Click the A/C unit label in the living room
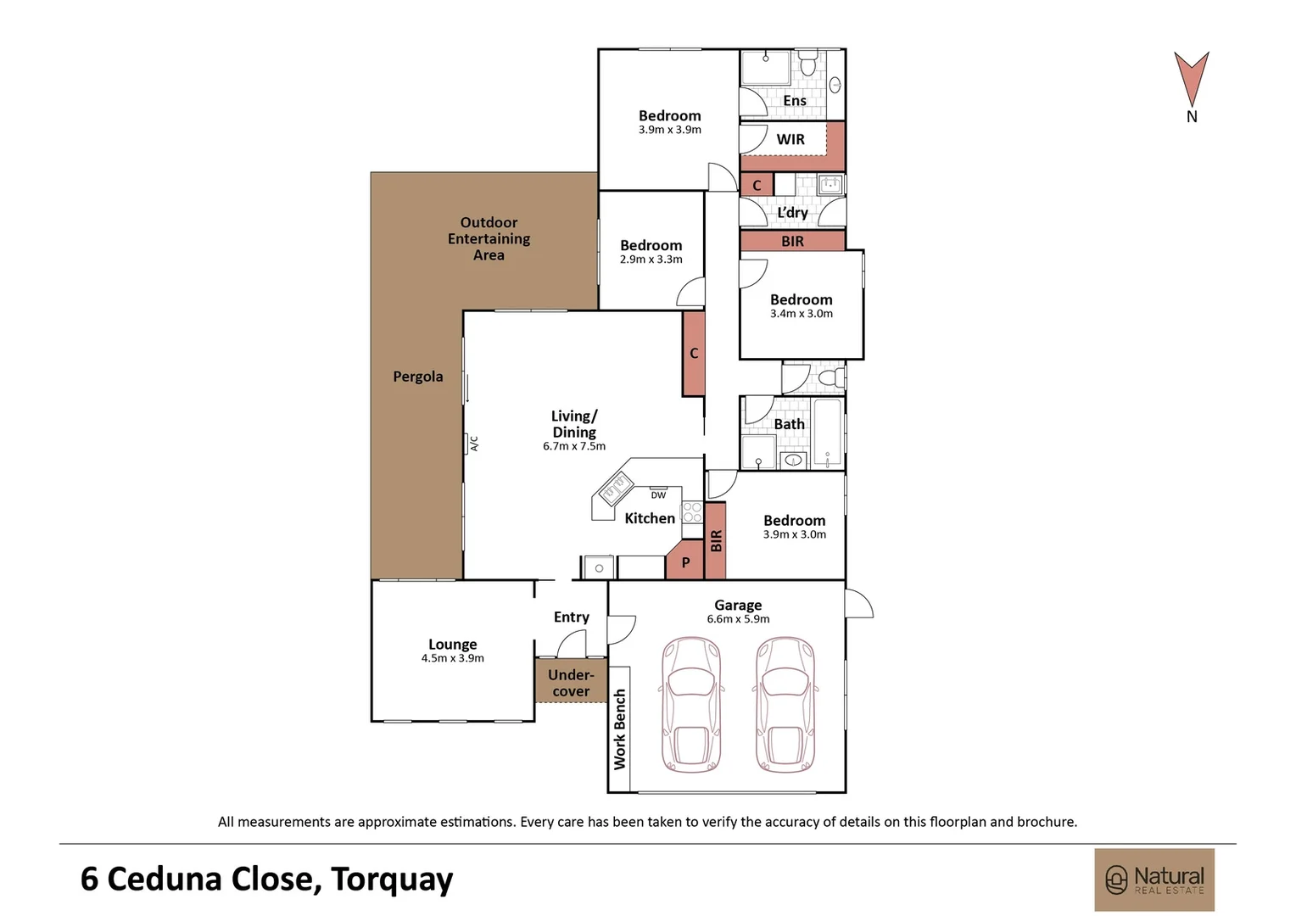pos(474,444)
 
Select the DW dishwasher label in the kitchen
pos(658,495)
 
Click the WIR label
pos(790,139)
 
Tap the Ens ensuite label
pos(795,101)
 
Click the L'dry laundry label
pos(792,213)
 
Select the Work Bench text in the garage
pos(620,729)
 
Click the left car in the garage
pos(690,704)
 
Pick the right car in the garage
pos(785,704)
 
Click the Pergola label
pos(418,377)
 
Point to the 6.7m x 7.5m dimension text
pos(574,446)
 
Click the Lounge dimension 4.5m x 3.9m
pos(452,658)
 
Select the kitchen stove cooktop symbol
pos(692,512)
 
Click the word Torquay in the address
pos(392,880)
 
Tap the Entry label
pos(571,617)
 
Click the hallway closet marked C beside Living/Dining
pos(694,354)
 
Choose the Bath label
pos(789,424)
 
